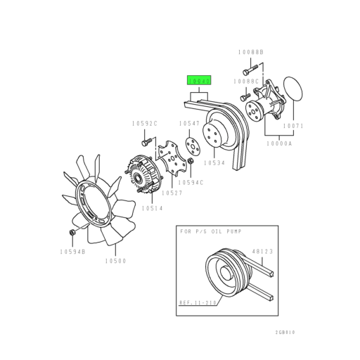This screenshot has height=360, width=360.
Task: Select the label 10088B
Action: (250, 52)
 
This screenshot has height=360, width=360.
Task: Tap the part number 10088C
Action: (248, 81)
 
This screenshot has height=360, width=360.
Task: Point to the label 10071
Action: (293, 127)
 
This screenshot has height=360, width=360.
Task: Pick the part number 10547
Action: (188, 124)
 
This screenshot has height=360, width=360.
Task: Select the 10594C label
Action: (191, 183)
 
